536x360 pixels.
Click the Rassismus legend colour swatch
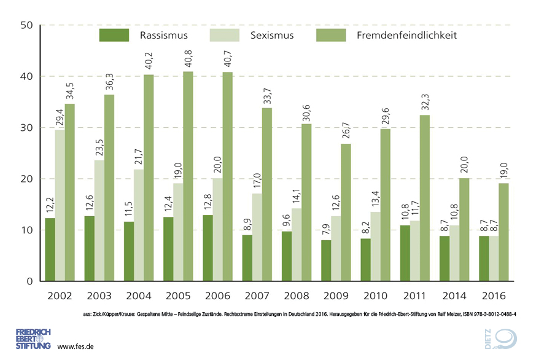click(114, 35)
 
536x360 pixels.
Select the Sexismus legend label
click(272, 35)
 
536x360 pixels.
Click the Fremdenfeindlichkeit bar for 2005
click(188, 176)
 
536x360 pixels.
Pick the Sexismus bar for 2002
click(60, 205)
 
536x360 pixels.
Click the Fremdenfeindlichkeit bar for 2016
click(503, 232)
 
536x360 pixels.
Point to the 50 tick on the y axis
click(26, 25)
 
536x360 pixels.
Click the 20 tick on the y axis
click(26, 179)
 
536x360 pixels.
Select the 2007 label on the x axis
click(257, 295)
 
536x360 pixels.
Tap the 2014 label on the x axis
click(454, 295)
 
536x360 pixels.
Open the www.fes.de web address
click(75, 346)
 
